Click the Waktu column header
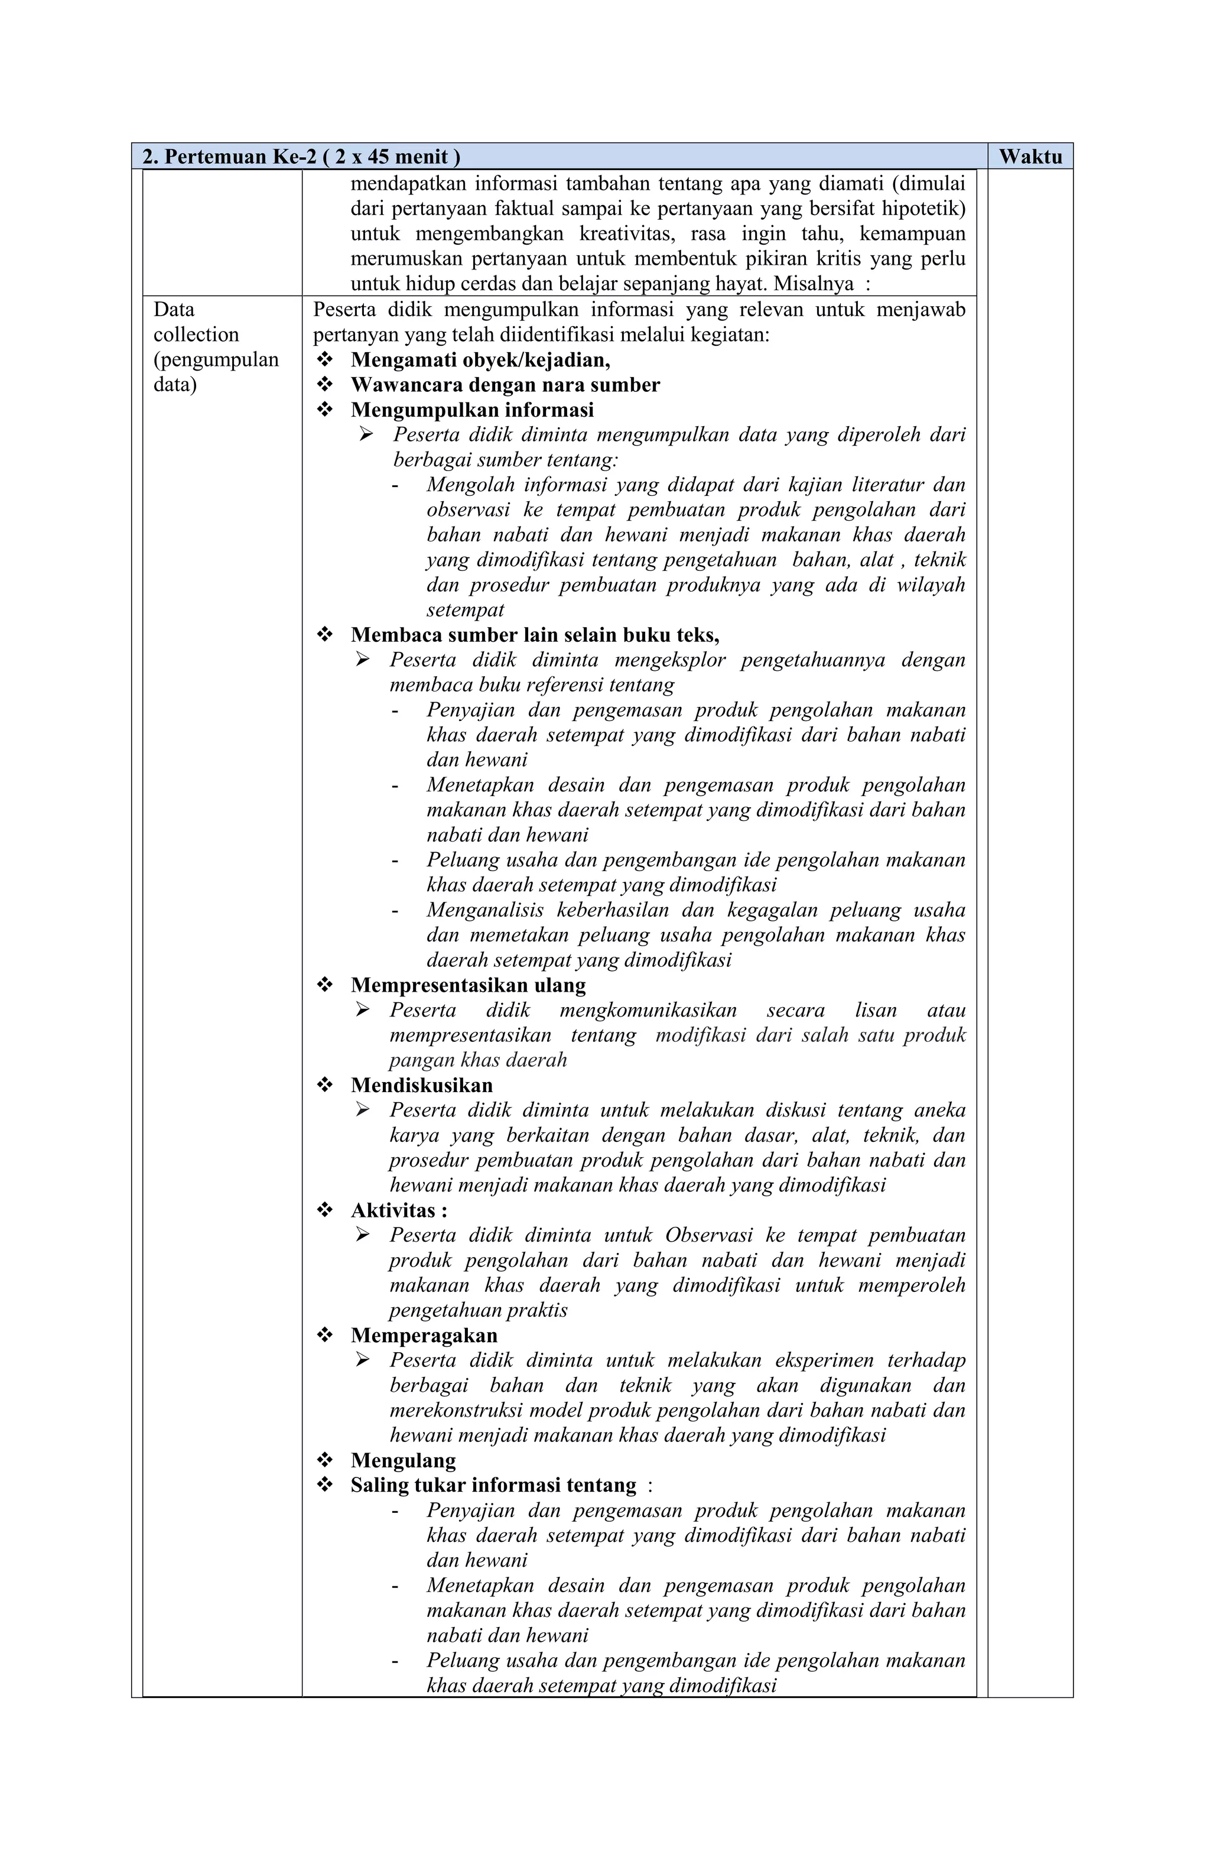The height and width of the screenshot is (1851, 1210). pos(1030,157)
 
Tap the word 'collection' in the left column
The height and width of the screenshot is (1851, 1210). pos(196,335)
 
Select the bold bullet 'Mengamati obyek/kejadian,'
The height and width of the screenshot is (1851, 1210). pos(480,359)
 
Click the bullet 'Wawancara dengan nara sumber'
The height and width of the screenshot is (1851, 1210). pos(505,384)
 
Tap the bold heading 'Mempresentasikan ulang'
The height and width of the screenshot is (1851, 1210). pos(467,985)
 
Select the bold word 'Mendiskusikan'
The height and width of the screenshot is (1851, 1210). pos(421,1085)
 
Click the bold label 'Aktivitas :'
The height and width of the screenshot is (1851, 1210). pos(398,1210)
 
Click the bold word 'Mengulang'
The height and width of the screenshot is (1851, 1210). pos(403,1460)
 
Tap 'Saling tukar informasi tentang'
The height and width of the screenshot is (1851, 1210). pos(492,1485)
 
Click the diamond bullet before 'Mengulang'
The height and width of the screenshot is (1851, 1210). pos(325,1460)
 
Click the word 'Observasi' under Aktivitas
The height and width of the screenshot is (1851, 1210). pos(708,1235)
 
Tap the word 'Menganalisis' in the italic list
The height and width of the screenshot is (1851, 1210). pos(484,910)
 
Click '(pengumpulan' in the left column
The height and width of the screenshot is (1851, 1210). pos(216,359)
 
